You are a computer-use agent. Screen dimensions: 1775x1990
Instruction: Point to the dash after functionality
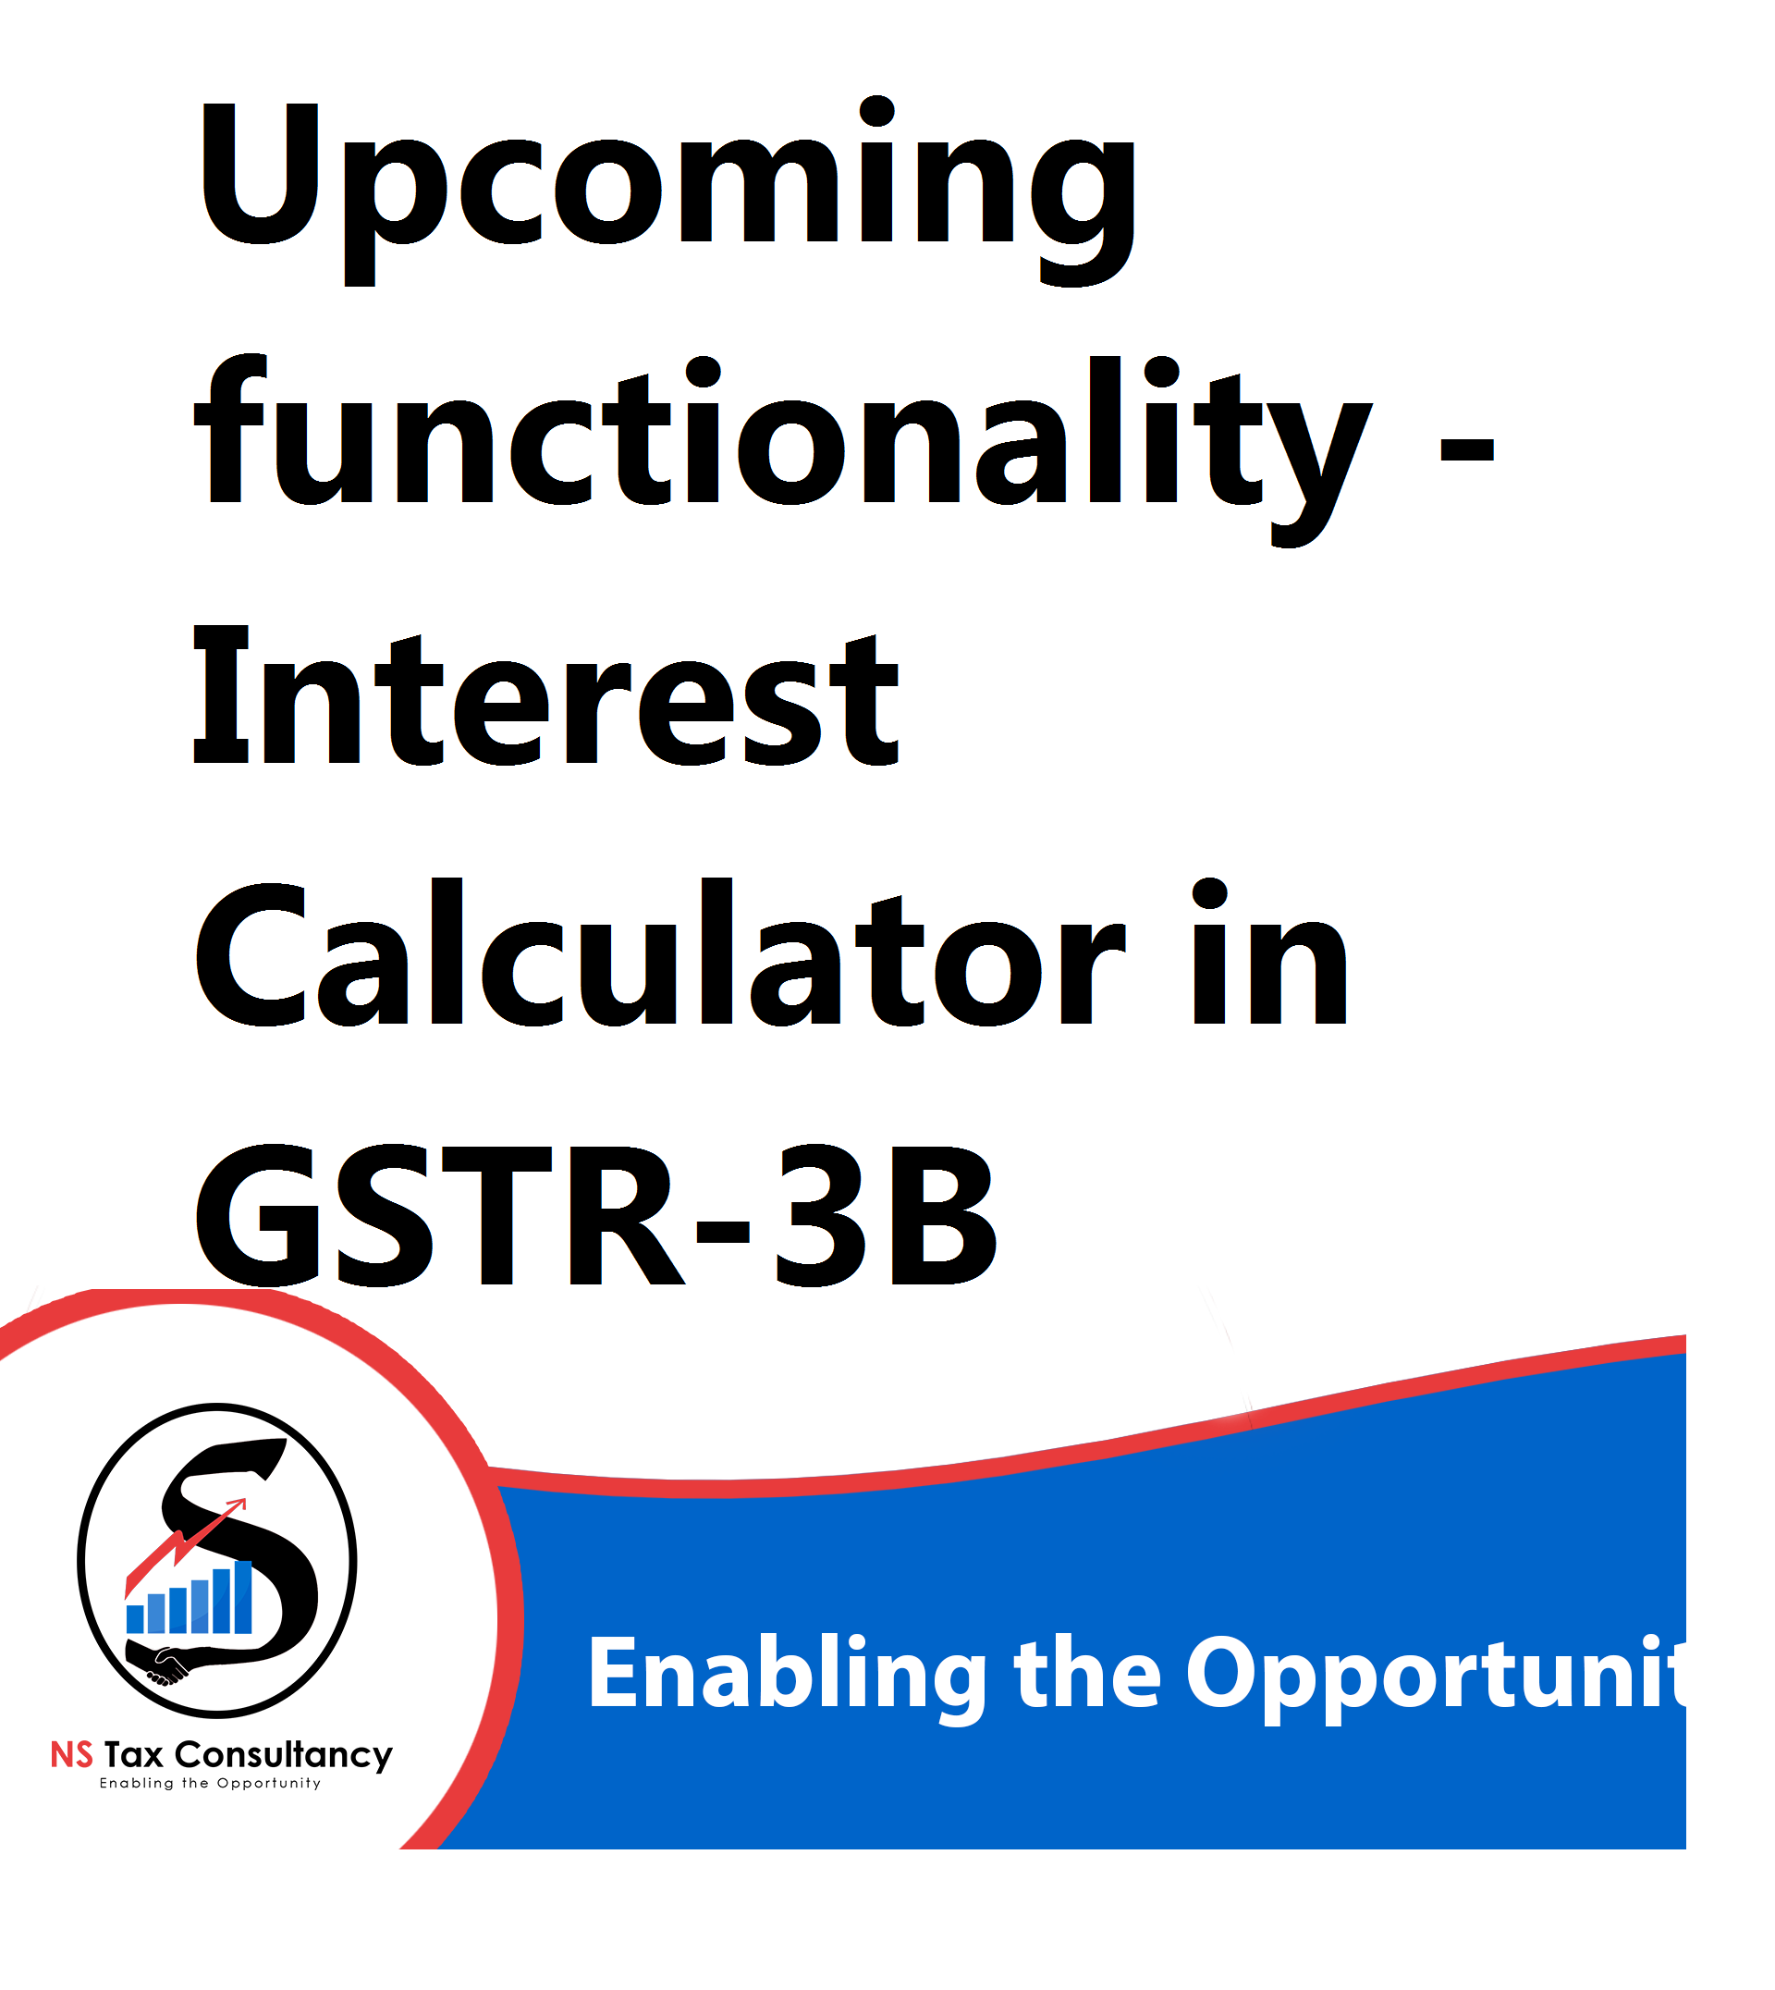(x=1467, y=448)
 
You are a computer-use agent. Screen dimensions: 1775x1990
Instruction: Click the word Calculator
(x=660, y=953)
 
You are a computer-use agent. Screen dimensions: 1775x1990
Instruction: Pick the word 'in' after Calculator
(x=1271, y=953)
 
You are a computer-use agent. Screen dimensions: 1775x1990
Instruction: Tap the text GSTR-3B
(x=596, y=1214)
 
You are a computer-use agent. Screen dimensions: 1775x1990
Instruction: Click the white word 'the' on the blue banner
(x=1087, y=1672)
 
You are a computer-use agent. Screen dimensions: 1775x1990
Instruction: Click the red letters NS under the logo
(x=72, y=1755)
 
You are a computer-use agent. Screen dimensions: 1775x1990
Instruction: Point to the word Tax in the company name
(x=134, y=1755)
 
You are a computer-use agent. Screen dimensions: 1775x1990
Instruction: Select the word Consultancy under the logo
(x=284, y=1757)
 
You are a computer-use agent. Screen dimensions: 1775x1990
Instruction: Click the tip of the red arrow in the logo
(x=247, y=1500)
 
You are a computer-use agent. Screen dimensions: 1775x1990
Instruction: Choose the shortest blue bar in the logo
(x=136, y=1619)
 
